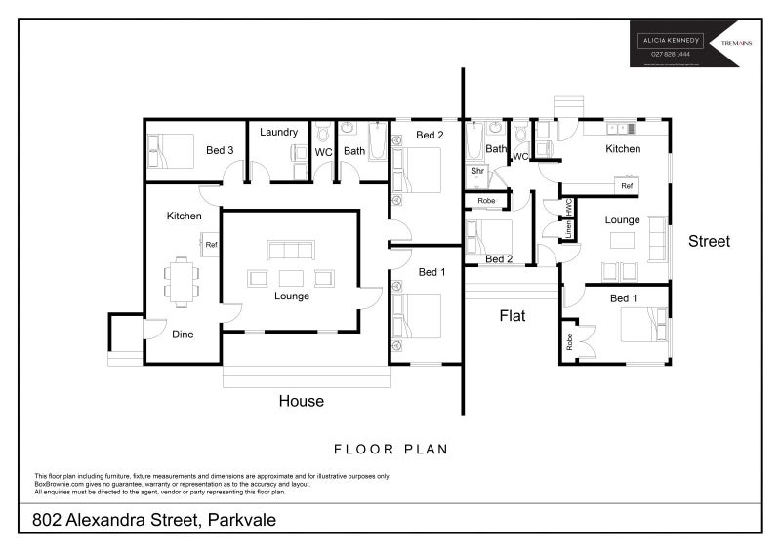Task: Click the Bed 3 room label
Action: [x=220, y=150]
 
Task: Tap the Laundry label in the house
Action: [x=278, y=132]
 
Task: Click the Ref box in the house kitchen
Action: [x=210, y=245]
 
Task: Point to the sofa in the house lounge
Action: [x=291, y=249]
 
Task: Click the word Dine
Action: [x=183, y=334]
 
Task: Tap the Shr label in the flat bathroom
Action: [x=477, y=171]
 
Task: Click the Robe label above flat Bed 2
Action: [x=486, y=201]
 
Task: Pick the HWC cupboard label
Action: [x=568, y=207]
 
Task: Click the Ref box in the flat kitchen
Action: [x=627, y=185]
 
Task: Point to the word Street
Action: [x=709, y=241]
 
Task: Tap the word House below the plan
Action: [x=301, y=401]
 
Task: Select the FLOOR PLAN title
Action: [x=390, y=450]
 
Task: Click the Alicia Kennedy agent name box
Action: [x=670, y=41]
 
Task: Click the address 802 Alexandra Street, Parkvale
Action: [x=154, y=520]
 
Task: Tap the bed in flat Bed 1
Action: [x=644, y=324]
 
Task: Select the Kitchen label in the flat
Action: [x=623, y=149]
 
